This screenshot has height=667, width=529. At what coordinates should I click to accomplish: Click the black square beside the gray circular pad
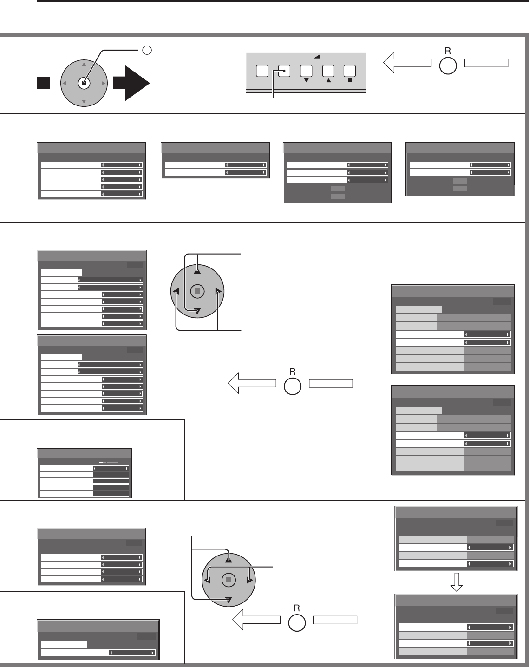43,84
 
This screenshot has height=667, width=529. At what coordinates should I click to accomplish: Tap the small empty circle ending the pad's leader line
146,50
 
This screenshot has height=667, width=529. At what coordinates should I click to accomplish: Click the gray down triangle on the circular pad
84,101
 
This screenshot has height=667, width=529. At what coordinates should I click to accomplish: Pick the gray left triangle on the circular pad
65,84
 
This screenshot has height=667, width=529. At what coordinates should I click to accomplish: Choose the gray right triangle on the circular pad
103,84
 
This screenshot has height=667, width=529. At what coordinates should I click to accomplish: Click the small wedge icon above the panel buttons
317,56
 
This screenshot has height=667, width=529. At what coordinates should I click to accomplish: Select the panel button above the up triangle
328,71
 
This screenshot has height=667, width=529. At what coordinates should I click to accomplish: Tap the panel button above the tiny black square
350,71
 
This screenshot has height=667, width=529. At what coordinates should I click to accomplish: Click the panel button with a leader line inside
284,71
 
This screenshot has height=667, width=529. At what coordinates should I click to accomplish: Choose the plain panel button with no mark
262,71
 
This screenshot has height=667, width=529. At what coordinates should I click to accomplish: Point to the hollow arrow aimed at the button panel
407,63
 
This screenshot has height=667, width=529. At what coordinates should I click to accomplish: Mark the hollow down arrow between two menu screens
457,582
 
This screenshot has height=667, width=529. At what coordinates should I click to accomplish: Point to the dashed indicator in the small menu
109,462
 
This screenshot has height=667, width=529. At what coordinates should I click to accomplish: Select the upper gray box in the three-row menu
337,188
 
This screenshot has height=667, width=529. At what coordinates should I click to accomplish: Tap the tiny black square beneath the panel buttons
350,80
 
